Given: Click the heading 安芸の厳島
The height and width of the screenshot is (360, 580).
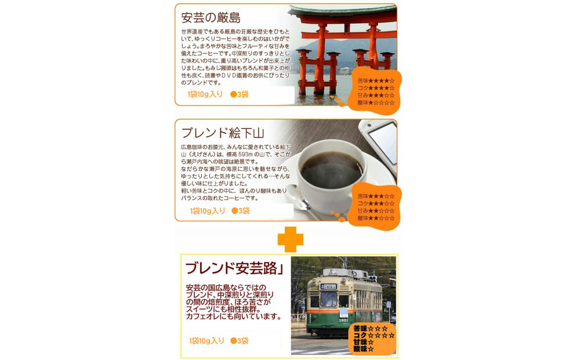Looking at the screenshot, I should pos(211,18).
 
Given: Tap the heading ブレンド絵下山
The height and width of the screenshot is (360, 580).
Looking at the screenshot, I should pos(223,133).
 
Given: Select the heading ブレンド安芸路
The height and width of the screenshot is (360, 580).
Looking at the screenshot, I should pos(230,268).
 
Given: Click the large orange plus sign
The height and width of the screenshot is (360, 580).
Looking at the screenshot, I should pos(290,239).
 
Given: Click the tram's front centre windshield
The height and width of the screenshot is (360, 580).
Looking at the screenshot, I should pos(328,299).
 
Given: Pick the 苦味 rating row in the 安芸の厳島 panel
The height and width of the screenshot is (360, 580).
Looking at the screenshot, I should pos(376,81).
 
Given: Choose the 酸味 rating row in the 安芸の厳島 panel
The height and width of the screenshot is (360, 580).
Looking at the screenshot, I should pos(376,103).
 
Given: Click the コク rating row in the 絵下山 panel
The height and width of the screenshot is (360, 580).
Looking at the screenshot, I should pos(376,203).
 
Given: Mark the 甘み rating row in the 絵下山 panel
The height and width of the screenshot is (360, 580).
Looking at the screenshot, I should pos(376,211).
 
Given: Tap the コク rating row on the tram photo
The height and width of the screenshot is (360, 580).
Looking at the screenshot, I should pos(374,336).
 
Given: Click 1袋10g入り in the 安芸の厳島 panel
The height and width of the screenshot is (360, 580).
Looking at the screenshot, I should pos(206,94).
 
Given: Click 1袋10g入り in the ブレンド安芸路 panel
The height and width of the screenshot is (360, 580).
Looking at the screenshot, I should pos(206,341).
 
